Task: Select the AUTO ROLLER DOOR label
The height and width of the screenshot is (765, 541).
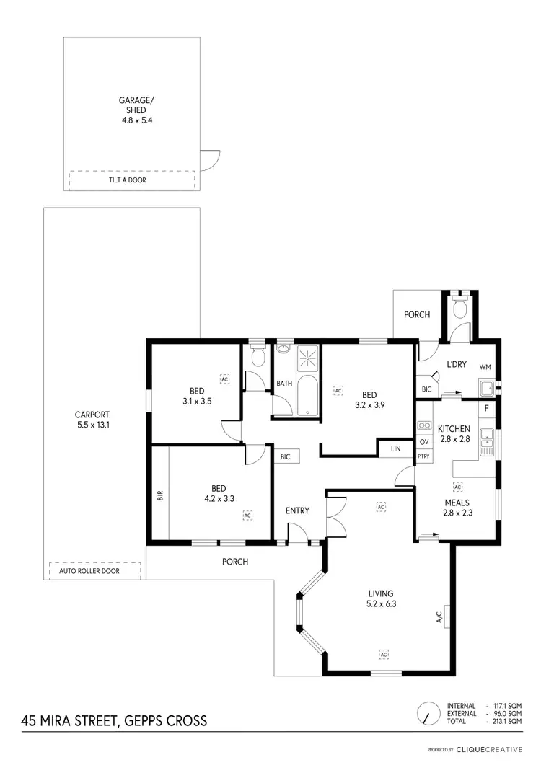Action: pos(89,571)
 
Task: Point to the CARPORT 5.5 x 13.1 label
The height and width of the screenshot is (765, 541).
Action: pos(92,420)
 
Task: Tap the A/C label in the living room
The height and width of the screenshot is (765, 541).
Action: pos(439,616)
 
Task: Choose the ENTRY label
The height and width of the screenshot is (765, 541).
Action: pos(297,510)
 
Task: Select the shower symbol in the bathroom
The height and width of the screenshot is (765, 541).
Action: pos(308,355)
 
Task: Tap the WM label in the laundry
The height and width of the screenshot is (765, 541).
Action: pos(485,366)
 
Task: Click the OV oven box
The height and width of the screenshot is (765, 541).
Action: pos(423,442)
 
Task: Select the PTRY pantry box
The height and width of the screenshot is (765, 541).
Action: pos(423,456)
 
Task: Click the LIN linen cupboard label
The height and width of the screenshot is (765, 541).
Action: pos(395,448)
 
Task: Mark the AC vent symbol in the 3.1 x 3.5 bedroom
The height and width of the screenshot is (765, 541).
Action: pos(224,378)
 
